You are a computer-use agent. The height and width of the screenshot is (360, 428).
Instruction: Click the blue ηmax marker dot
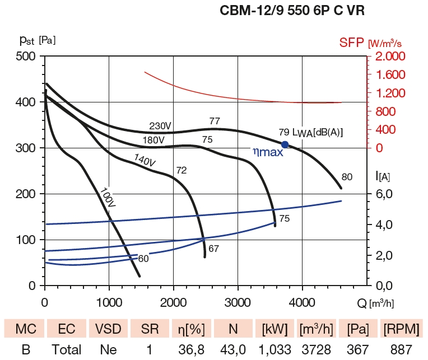point(285,144)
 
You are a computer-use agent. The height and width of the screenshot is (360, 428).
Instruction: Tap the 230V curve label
point(160,125)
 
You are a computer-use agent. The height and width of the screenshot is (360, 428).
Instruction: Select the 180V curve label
point(153,139)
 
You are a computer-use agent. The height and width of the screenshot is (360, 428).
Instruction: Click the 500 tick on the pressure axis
point(25,57)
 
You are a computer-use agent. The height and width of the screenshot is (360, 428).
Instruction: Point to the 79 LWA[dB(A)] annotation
point(310,133)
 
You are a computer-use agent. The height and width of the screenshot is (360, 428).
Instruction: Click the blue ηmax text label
point(268,151)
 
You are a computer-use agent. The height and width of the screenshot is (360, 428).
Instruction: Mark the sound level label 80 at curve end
point(347,177)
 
